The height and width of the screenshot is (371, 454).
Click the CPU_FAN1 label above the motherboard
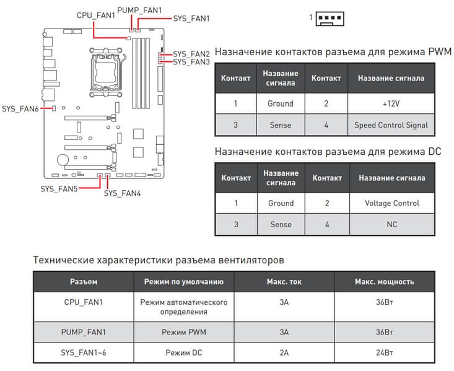tap(96, 15)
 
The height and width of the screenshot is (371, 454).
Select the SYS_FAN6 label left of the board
tap(20, 108)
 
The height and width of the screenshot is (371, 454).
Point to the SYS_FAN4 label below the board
tap(122, 193)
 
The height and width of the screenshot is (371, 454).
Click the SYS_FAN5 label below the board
tap(59, 188)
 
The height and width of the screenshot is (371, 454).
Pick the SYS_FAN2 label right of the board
tap(191, 54)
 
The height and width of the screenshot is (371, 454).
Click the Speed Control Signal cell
tap(391, 124)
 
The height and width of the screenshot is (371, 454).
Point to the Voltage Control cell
tap(391, 203)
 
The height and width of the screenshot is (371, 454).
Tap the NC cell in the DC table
tap(391, 224)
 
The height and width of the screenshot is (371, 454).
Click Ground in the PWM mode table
tap(281, 103)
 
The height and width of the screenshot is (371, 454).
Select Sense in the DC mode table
tap(281, 224)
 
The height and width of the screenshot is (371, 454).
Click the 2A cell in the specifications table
tap(284, 352)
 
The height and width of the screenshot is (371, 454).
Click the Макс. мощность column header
tap(384, 282)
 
